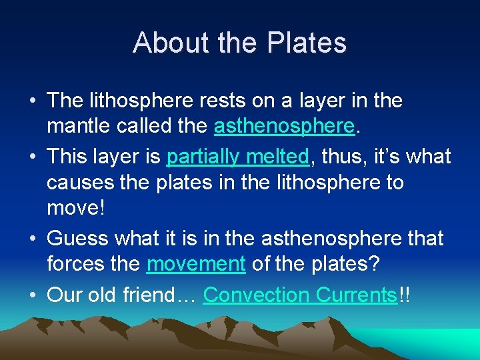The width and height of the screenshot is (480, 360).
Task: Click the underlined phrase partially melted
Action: pyautogui.click(x=238, y=156)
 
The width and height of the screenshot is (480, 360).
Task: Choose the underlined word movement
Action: pyautogui.click(x=196, y=264)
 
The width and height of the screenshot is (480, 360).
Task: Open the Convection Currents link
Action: pyautogui.click(x=300, y=295)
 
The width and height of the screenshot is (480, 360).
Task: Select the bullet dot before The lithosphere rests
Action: pyautogui.click(x=32, y=101)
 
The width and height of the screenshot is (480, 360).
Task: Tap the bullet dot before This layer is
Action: pyautogui.click(x=32, y=157)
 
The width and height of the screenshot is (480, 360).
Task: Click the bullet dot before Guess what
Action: pyautogui.click(x=32, y=238)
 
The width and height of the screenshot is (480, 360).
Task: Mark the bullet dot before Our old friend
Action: pyautogui.click(x=32, y=295)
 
